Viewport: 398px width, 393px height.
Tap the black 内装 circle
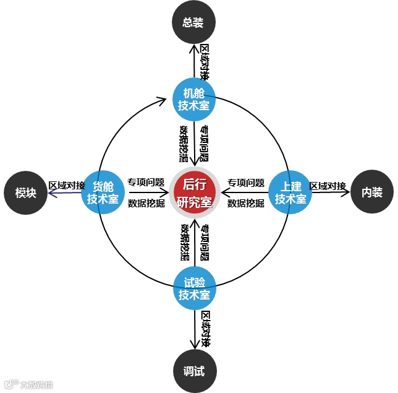tap(371, 192)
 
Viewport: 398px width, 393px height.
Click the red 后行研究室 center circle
tap(194, 192)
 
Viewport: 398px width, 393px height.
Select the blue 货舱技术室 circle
tap(102, 192)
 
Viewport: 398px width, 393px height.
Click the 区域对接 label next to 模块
tap(67, 185)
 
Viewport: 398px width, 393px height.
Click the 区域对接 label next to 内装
tap(328, 186)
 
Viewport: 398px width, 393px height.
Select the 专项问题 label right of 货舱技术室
tap(146, 183)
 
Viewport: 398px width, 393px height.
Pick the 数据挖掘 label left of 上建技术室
tap(246, 202)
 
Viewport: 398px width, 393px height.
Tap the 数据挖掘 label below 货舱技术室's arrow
tap(146, 202)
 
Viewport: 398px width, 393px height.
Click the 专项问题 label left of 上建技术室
tap(246, 183)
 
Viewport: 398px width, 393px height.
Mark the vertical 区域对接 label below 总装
tap(205, 62)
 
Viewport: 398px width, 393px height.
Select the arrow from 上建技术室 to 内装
tap(331, 192)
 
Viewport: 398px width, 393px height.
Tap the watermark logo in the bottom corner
tap(28, 384)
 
